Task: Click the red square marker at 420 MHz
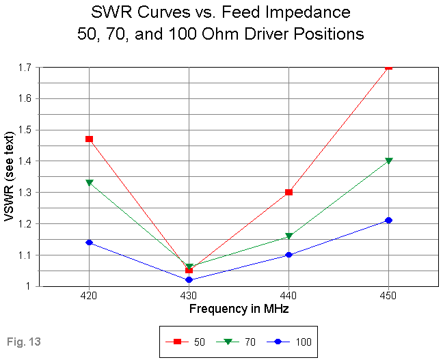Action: (x=89, y=139)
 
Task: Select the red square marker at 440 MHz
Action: (x=289, y=192)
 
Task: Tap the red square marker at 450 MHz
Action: (x=389, y=67)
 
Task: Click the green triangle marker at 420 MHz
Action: (x=89, y=182)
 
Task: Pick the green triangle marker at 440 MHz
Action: (x=289, y=236)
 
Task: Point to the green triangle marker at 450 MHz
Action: (x=389, y=161)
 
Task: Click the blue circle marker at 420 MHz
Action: (x=89, y=243)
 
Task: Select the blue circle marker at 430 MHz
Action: (x=189, y=280)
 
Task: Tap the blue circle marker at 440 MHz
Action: (x=289, y=255)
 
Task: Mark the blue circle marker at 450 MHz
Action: (x=389, y=220)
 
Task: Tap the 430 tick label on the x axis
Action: (x=189, y=298)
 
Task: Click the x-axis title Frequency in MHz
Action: (x=239, y=309)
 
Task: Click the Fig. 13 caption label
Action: (x=22, y=340)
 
